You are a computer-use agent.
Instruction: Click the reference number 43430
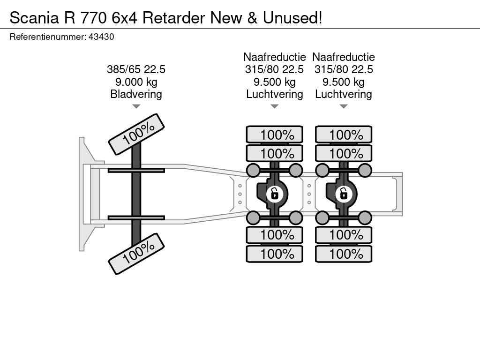101,37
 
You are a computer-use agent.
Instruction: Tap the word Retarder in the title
173,18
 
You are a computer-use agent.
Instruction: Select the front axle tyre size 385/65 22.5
136,69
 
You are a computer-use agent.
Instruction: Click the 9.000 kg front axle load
136,82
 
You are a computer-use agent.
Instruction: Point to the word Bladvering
136,94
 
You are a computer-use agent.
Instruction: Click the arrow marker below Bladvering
136,106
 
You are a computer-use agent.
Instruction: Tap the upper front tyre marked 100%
136,134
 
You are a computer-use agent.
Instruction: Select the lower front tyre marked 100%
136,255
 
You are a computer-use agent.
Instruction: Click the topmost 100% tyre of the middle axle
275,135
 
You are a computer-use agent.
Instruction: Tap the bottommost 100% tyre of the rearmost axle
344,254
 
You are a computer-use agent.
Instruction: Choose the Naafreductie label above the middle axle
275,57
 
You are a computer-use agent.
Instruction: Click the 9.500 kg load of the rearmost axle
344,82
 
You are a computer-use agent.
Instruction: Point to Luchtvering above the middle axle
275,94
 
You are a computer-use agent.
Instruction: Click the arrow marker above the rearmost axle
344,106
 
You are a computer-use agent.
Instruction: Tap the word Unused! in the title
292,18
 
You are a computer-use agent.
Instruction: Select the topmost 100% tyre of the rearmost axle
344,135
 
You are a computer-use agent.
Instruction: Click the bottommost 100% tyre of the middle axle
275,254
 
